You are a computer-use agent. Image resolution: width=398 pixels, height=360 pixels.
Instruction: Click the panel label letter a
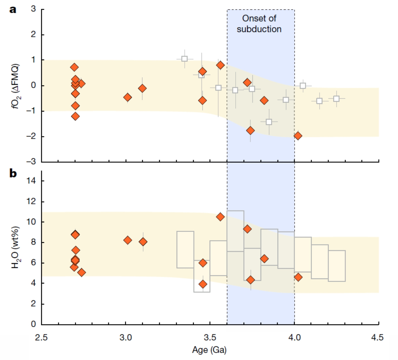13,10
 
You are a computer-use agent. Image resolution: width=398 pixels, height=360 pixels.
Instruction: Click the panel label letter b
13,174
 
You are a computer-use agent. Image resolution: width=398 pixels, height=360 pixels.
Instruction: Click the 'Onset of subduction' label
259,24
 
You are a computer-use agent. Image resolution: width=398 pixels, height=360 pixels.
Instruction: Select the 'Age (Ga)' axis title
209,350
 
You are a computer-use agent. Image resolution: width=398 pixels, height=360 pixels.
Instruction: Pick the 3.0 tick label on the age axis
126,338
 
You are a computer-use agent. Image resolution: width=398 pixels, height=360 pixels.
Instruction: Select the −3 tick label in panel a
32,162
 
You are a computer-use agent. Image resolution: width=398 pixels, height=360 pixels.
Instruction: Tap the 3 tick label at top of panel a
34,9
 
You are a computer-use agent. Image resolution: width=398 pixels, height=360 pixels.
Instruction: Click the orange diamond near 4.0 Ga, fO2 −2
298,136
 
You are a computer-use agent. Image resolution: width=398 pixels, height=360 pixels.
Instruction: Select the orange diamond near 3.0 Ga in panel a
128,97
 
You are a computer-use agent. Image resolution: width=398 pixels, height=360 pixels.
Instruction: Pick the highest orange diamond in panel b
220,217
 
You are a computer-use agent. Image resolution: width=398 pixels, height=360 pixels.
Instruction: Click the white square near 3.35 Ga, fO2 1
184,59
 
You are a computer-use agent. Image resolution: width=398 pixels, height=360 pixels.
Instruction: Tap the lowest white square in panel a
269,122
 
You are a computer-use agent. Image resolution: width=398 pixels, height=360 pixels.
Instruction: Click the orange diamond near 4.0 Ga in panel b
298,277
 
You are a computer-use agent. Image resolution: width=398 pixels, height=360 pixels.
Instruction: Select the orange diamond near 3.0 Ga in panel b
128,240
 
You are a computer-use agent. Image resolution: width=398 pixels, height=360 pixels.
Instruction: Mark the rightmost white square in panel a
337,99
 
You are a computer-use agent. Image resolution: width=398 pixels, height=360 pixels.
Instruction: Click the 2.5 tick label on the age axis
41,338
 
